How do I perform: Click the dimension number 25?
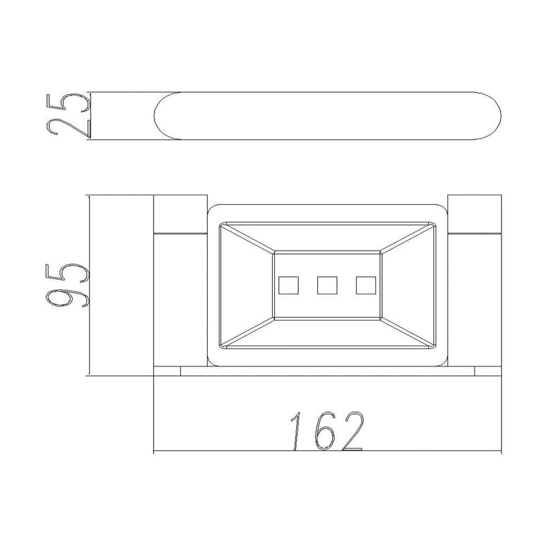pos(69,116)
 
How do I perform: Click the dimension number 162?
pos(327,431)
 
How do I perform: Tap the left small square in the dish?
pos(288,285)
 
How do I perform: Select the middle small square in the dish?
pos(327,285)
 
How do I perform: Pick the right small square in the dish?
pos(366,285)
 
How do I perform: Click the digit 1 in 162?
pos(296,431)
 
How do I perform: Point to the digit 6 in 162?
pos(324,431)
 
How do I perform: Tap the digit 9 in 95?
pos(68,297)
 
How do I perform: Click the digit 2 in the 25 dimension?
pos(69,127)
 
